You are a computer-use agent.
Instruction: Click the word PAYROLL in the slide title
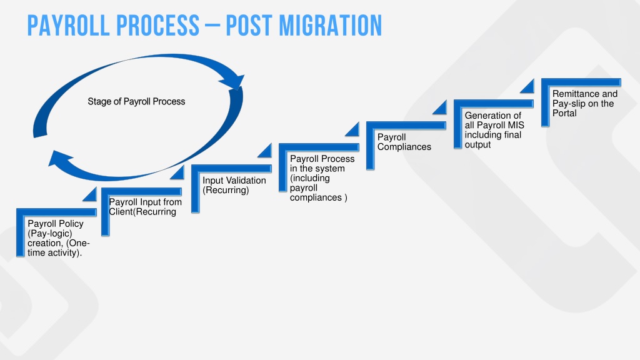68,25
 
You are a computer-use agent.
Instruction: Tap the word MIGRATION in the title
330,25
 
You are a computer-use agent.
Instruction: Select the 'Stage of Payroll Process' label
136,102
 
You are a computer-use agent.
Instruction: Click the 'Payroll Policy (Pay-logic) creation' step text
58,238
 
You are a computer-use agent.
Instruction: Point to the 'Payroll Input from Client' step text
145,206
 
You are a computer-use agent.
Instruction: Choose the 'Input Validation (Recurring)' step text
234,185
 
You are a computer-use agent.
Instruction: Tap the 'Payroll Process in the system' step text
322,178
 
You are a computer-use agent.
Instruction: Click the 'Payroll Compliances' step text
404,142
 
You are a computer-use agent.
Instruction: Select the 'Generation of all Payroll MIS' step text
494,130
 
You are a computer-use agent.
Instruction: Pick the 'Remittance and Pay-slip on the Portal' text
585,103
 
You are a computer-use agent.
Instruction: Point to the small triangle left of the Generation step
441,109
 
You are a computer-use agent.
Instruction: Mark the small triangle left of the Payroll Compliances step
354,131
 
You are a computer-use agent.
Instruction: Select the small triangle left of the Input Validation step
179,174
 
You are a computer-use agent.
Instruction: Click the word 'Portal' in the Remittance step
564,113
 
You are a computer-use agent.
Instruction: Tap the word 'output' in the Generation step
477,145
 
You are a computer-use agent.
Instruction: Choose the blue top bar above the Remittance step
581,82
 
